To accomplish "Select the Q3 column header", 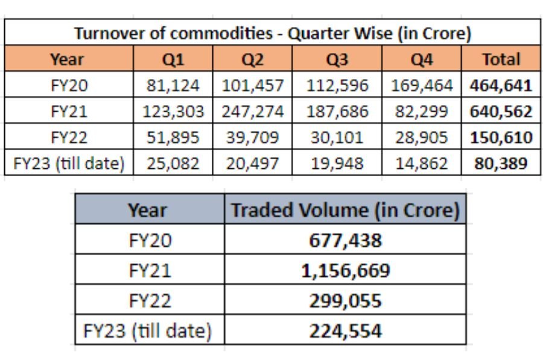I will point(337,60).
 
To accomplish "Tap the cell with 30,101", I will point(337,138).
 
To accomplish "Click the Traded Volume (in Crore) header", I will point(345,211).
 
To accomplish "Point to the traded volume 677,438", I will point(345,241).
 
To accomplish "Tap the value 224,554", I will point(345,331).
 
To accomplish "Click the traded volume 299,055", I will point(345,300).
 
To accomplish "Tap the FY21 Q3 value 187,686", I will point(337,112).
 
